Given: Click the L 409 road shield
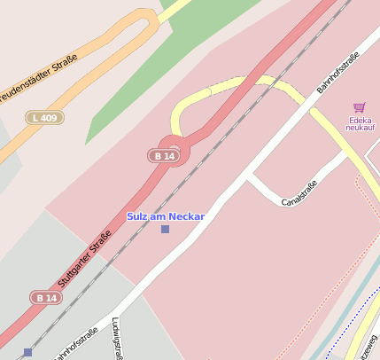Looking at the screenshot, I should (43, 118).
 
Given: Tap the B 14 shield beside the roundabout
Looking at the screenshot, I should (163, 156).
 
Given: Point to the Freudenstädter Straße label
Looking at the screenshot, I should (39, 78).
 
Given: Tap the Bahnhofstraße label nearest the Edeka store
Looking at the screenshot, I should (337, 73).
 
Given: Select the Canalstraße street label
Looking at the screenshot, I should (299, 192).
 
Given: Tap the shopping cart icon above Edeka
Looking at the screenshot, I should (359, 107).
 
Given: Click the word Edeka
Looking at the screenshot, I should (361, 120).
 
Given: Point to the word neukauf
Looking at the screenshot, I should (361, 129).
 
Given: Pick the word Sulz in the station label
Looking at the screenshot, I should (136, 216).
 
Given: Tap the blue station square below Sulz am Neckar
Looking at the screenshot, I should (165, 230).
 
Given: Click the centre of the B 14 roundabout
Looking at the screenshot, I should (174, 147).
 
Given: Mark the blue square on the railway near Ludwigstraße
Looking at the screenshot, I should (27, 352).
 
